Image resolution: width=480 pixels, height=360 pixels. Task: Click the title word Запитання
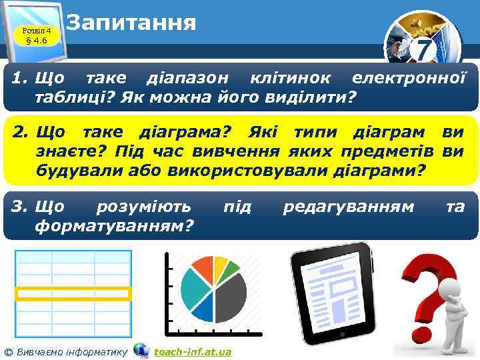131,23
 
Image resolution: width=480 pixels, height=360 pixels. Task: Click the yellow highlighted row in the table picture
73,292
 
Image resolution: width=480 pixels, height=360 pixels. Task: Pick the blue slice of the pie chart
206,307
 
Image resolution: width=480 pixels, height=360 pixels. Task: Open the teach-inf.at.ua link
192,351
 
